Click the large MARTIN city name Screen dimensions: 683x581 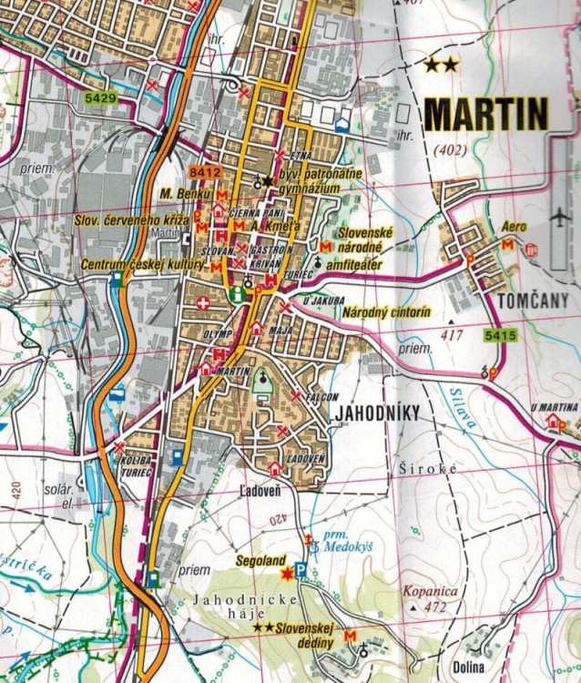(486, 115)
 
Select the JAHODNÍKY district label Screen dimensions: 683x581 (376, 414)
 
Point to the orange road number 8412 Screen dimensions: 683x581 (206, 171)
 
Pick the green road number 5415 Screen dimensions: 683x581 (501, 336)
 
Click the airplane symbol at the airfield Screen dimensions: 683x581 (559, 219)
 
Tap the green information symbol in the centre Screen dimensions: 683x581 (238, 294)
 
